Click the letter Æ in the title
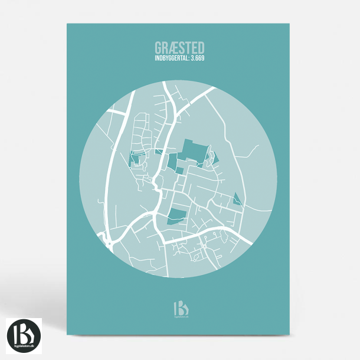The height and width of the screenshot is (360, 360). [173, 47]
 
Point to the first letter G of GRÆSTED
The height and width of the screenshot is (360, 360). [158, 47]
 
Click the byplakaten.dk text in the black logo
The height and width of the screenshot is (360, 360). [24, 344]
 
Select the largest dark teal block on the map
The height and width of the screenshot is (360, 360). [194, 150]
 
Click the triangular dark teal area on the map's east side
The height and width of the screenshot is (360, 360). [237, 199]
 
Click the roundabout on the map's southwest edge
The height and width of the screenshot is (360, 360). [109, 240]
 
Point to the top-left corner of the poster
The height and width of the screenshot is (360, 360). [67, 24]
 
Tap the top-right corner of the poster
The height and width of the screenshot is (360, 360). [292, 24]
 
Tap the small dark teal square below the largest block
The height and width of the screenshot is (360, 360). [179, 171]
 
